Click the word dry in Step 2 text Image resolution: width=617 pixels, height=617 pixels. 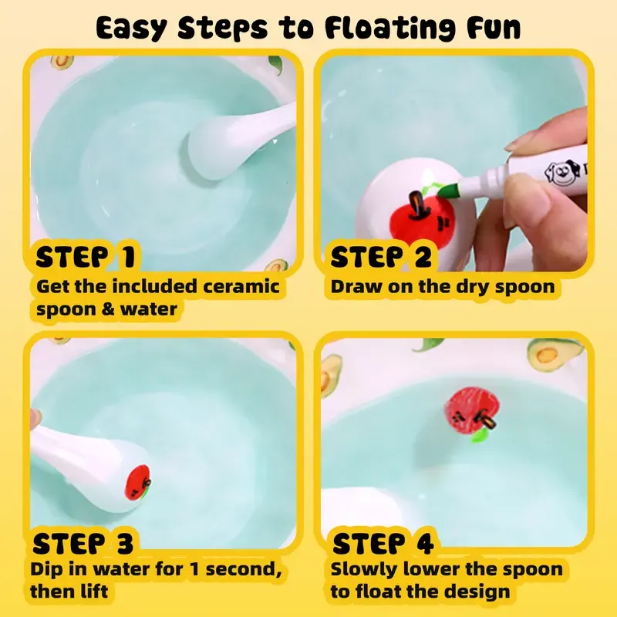[x=472, y=287]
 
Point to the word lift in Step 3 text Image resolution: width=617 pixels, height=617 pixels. [x=93, y=592]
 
